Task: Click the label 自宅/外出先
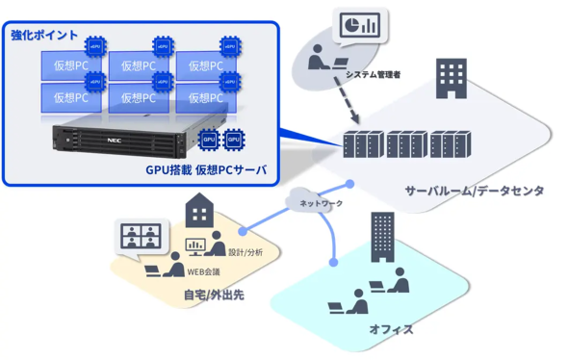214,295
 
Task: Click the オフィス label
391,329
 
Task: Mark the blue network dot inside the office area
334,262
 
